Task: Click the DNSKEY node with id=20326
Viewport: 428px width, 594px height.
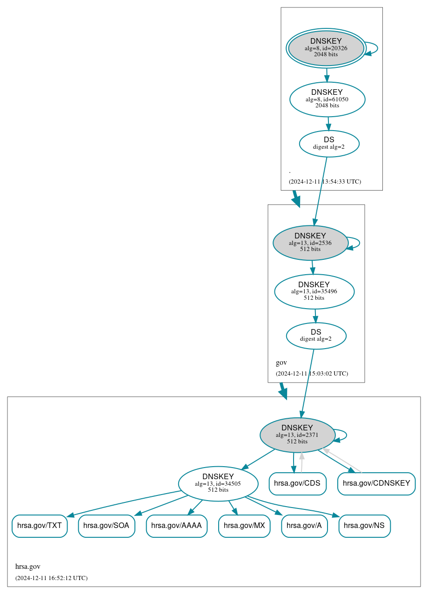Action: [326, 48]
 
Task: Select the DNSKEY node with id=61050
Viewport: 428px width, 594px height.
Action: [327, 99]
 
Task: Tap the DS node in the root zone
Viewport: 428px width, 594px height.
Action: [329, 144]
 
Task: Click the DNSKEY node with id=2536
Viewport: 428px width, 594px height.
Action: [310, 243]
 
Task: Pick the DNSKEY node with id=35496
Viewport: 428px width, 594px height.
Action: [314, 291]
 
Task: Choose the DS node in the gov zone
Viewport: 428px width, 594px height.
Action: [316, 336]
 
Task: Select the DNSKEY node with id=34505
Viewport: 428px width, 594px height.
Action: [218, 483]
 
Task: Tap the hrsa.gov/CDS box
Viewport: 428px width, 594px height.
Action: [297, 483]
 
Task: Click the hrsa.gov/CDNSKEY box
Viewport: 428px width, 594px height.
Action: [376, 483]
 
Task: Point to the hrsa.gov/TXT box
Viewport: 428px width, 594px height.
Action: [40, 526]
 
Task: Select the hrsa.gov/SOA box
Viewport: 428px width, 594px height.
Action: [107, 526]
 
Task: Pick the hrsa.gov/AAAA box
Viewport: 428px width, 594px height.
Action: [176, 526]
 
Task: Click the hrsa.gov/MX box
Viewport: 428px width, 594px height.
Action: [244, 526]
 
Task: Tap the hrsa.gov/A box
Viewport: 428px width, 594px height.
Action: [304, 526]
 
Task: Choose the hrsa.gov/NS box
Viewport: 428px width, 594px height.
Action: [364, 526]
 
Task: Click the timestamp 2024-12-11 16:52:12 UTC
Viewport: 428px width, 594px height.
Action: [51, 578]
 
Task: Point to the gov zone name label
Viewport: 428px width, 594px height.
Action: [281, 363]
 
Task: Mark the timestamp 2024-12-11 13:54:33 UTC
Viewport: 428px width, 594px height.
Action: [325, 181]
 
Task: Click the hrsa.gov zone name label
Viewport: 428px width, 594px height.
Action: [27, 567]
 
